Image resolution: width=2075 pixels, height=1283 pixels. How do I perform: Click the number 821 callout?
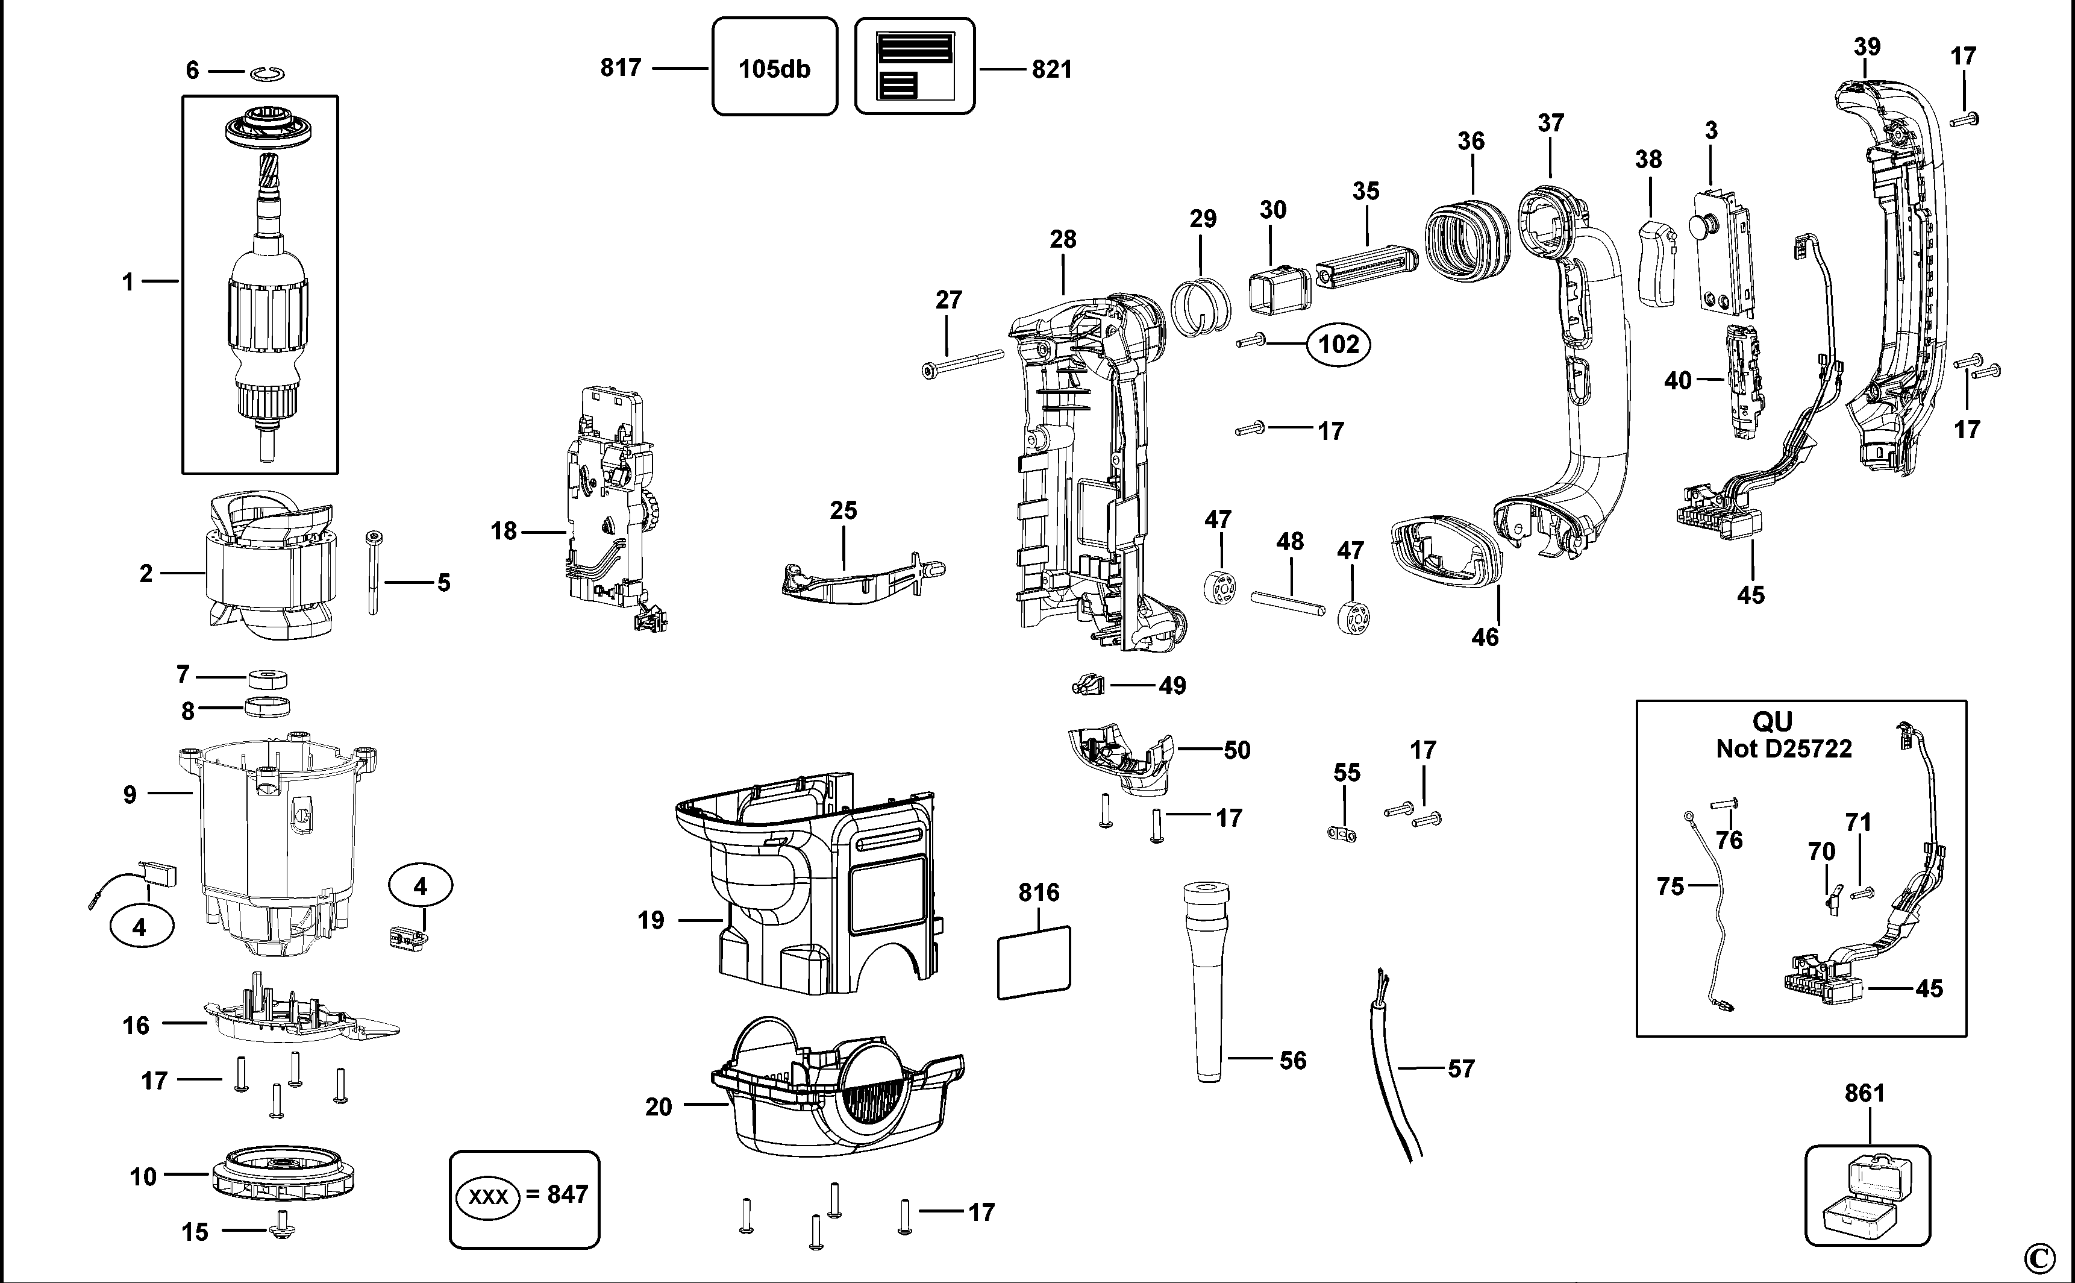(x=1051, y=69)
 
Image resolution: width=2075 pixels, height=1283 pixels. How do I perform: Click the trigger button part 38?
(x=1655, y=264)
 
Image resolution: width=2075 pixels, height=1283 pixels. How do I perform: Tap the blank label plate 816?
(x=1033, y=962)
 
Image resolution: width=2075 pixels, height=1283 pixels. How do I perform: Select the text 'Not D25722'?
(x=1783, y=748)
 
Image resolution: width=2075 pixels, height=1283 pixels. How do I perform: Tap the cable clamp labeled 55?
(x=1341, y=833)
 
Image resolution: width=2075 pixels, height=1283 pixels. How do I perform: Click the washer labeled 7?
(x=269, y=678)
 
